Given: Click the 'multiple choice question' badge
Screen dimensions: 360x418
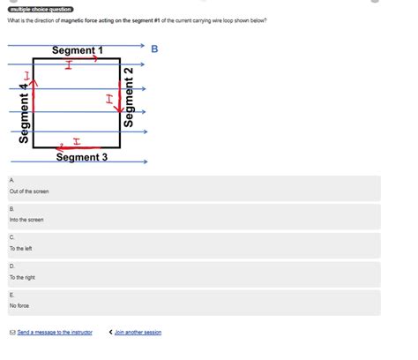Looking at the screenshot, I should pyautogui.click(x=41, y=9).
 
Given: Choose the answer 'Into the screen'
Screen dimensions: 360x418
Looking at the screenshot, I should pyautogui.click(x=26, y=220).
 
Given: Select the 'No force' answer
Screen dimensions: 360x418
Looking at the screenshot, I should pyautogui.click(x=19, y=305).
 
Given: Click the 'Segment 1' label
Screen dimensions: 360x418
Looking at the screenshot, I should pyautogui.click(x=77, y=51).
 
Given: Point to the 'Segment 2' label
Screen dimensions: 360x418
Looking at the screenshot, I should pyautogui.click(x=130, y=96).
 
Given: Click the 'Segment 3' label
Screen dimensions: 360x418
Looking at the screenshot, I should pyautogui.click(x=82, y=157).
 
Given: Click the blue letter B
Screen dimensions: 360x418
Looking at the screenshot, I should pyautogui.click(x=154, y=49).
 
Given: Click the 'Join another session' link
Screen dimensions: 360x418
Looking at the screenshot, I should pyautogui.click(x=138, y=333).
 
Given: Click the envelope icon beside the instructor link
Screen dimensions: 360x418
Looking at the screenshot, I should pyautogui.click(x=11, y=333).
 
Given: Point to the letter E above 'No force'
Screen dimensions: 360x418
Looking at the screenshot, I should pyautogui.click(x=11, y=295).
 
